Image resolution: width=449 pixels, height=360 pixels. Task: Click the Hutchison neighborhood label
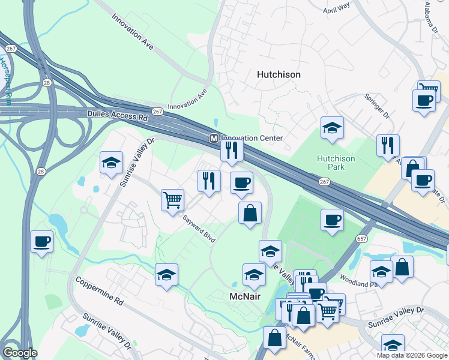click(279, 75)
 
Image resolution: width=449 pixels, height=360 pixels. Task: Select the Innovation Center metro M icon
click(213, 138)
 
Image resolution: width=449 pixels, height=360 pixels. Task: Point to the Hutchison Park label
click(336, 163)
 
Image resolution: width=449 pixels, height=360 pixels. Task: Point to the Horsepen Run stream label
click(5, 80)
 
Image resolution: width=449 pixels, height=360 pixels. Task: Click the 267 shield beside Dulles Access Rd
click(157, 112)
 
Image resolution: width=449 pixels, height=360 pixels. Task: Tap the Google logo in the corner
click(20, 352)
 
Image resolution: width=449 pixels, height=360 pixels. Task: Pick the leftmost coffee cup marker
click(41, 241)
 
